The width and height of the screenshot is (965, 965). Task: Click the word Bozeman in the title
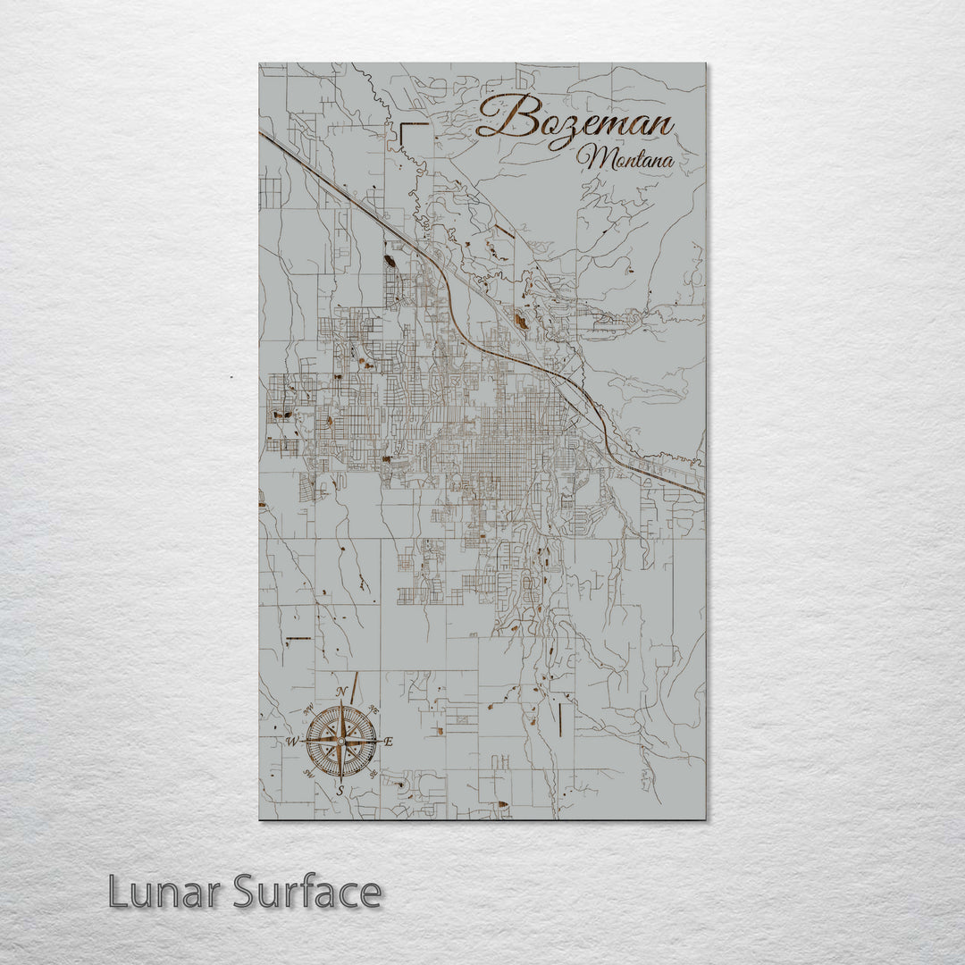pos(576,119)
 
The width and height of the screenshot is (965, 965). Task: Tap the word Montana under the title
pos(625,158)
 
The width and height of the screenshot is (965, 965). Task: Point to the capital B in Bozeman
pos(503,117)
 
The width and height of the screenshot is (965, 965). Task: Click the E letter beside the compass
pos(388,742)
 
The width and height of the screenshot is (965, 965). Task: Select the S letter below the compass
pos(340,791)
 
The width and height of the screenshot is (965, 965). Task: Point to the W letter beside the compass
pos(291,742)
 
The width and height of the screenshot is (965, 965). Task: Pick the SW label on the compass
pos(308,774)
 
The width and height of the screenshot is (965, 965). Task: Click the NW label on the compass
pos(308,709)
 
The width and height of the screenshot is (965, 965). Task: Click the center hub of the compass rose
pos(340,741)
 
